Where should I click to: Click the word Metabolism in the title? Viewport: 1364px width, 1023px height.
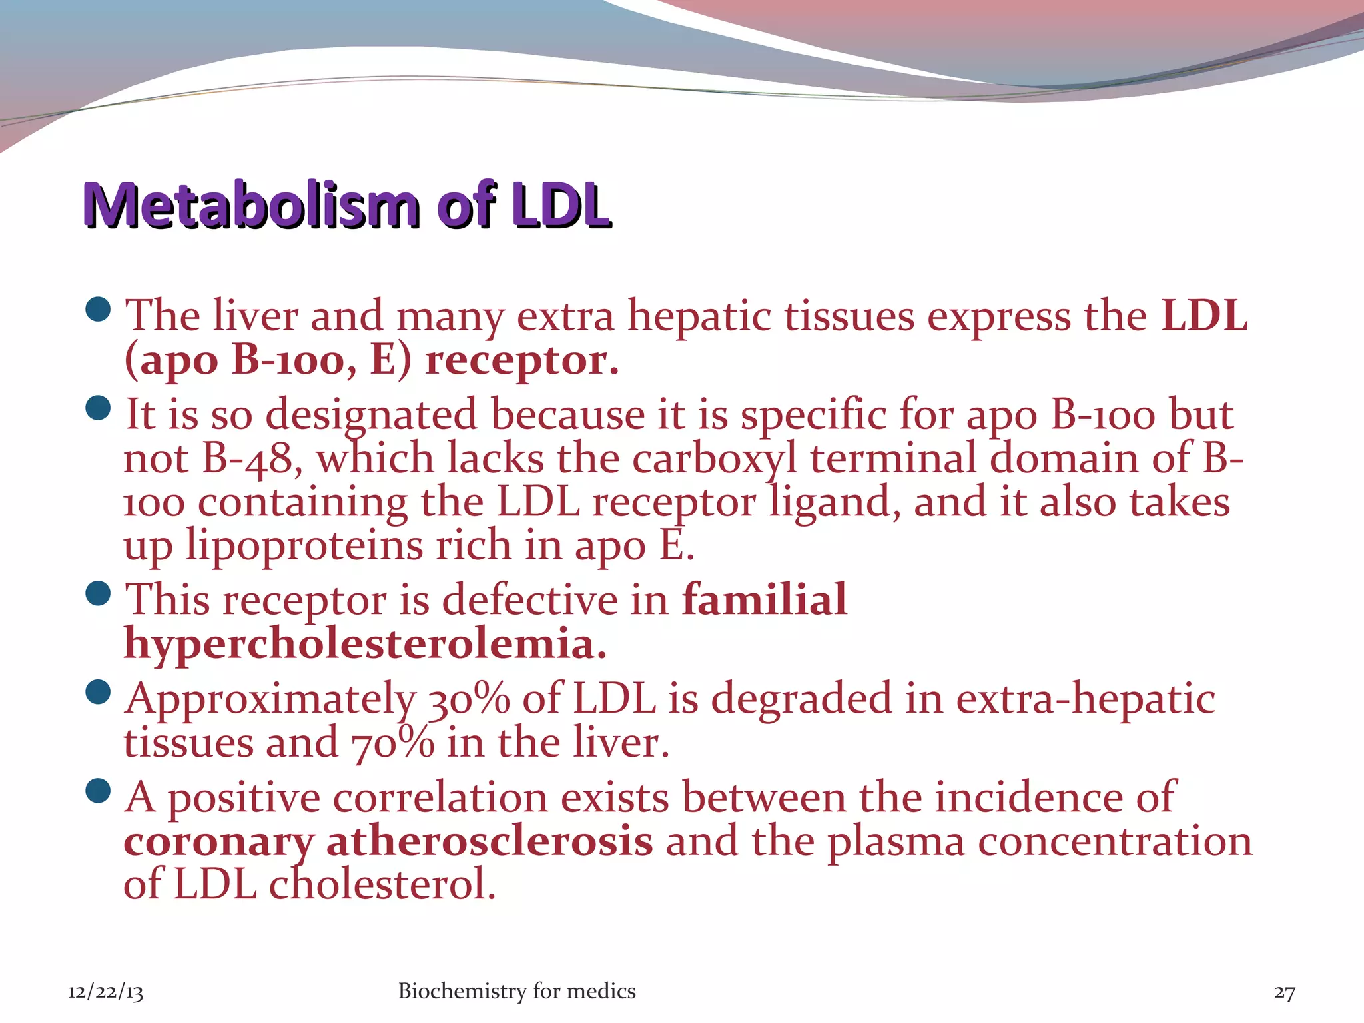point(251,205)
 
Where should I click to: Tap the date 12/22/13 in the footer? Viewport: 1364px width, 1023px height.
point(105,992)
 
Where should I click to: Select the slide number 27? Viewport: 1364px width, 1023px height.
point(1284,992)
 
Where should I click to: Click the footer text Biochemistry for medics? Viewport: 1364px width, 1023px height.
point(516,991)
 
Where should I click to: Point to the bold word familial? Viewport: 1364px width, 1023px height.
point(764,599)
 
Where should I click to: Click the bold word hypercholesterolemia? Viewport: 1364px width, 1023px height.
point(365,643)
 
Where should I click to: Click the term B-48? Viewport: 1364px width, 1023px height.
point(247,459)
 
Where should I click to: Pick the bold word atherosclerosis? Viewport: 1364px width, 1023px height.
point(489,841)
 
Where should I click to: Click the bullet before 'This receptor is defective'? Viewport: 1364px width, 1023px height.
point(99,593)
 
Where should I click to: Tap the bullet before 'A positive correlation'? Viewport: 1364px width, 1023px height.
point(99,791)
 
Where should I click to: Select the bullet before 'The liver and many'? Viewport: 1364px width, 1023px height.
point(99,309)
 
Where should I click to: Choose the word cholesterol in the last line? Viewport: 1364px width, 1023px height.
point(382,885)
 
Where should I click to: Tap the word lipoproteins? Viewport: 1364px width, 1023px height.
point(304,546)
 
